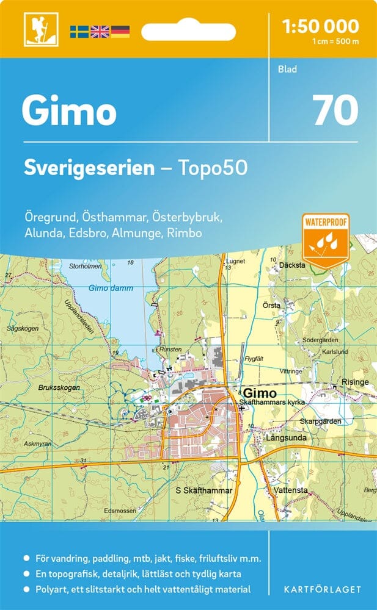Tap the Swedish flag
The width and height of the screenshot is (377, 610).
(x=79, y=31)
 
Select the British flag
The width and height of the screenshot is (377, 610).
(x=99, y=31)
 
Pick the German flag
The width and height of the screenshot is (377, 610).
(x=120, y=31)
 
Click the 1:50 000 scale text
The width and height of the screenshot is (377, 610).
(x=321, y=26)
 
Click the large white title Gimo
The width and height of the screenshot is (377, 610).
(x=68, y=112)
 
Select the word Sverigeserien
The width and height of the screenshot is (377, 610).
(x=89, y=168)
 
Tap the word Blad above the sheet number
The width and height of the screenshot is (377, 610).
(x=287, y=70)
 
